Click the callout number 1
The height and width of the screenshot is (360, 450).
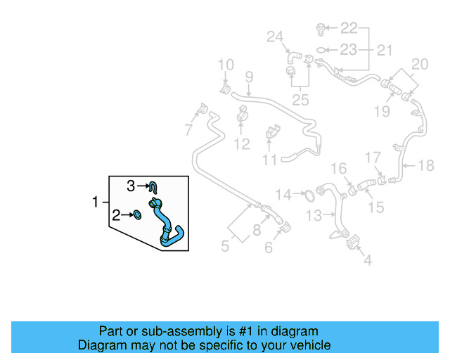96,202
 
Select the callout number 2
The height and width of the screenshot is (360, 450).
115,214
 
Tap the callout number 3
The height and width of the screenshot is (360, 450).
130,186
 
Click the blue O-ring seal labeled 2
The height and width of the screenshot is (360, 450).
138,214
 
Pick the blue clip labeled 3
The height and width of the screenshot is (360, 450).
155,186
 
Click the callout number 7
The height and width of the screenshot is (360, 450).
188,129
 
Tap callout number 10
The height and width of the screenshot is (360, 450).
225,66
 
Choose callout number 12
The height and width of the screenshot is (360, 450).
241,144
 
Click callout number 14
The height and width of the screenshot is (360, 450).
283,194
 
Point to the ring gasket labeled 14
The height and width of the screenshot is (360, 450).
307,193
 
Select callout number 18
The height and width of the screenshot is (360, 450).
426,166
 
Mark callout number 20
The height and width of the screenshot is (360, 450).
420,65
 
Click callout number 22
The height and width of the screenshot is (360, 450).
349,28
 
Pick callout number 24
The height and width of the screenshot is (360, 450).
274,37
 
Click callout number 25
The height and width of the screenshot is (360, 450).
300,100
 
